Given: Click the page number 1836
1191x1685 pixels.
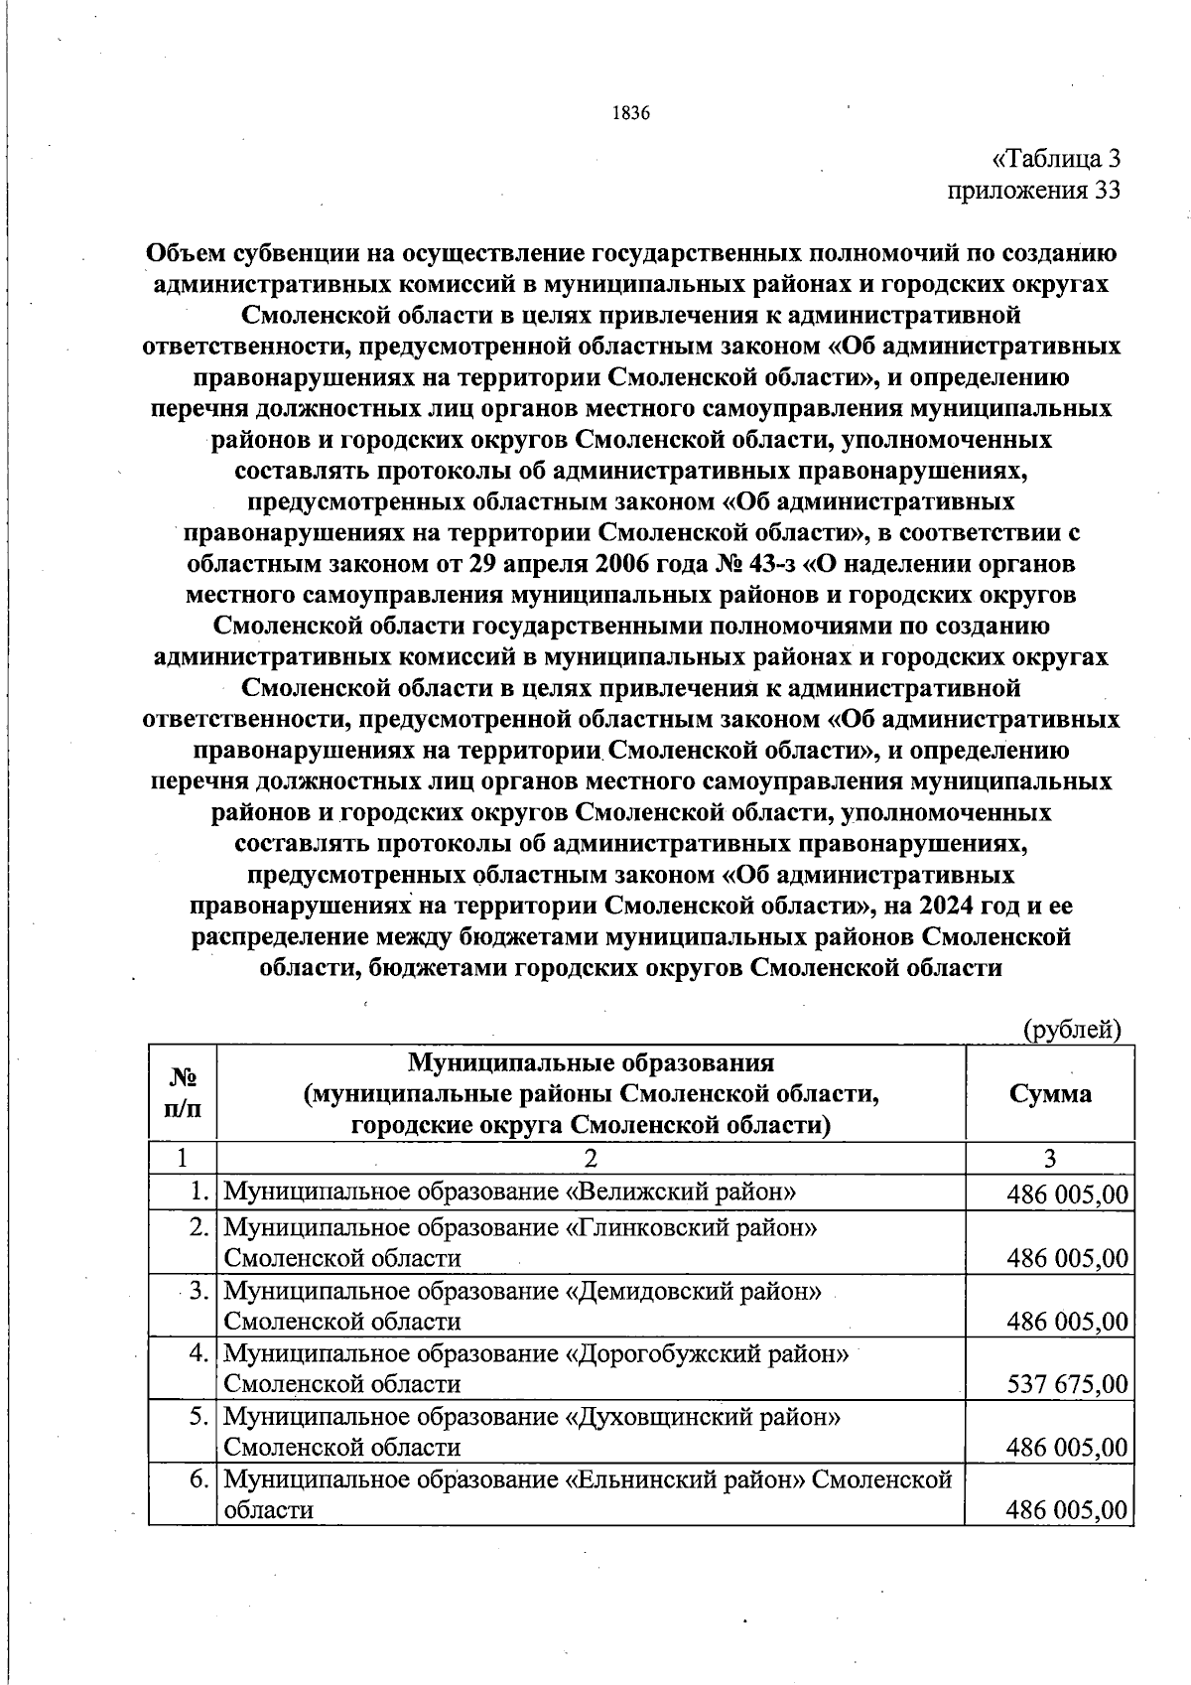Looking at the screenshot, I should tap(631, 113).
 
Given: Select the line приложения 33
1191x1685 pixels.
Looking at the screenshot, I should tap(1034, 190).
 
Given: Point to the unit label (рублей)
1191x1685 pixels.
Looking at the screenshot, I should tap(1072, 1030).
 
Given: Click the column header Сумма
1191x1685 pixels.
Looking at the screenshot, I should tap(1050, 1093).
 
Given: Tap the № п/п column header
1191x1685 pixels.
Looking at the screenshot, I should tap(182, 1093).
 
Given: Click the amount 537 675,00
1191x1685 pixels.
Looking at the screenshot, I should tap(1067, 1384).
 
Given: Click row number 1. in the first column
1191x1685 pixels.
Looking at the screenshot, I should tap(199, 1192).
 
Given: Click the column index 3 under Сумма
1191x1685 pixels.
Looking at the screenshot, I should tap(1050, 1159).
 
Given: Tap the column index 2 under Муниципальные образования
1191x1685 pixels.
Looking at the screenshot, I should tap(591, 1159).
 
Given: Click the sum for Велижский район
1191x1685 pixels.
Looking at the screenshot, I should tap(1067, 1194).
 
